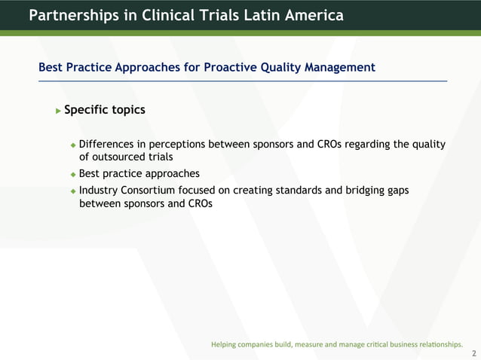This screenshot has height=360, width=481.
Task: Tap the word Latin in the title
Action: coord(253,15)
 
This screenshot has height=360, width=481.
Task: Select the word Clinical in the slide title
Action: coord(169,15)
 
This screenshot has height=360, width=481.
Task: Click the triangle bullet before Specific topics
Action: coord(58,111)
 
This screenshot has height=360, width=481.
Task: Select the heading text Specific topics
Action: coord(105,110)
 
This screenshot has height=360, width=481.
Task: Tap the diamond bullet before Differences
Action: coord(73,145)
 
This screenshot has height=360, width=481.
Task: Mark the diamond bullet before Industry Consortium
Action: coord(73,191)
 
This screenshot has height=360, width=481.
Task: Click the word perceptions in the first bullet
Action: coord(178,145)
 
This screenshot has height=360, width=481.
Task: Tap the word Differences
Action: coord(105,145)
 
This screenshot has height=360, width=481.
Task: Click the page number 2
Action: coord(473,352)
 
